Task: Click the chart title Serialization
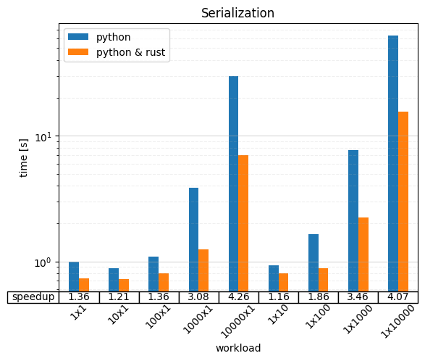click(x=237, y=13)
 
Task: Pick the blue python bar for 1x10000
click(x=393, y=163)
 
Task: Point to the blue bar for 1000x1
click(x=193, y=239)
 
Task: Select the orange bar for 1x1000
click(x=363, y=254)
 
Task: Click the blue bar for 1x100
click(x=314, y=262)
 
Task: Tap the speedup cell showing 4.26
click(x=238, y=297)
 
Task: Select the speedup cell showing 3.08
click(x=198, y=297)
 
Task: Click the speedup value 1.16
click(x=278, y=297)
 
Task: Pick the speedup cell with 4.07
click(x=397, y=297)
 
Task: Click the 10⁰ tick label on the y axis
click(x=45, y=262)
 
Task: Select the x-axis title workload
click(x=237, y=348)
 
